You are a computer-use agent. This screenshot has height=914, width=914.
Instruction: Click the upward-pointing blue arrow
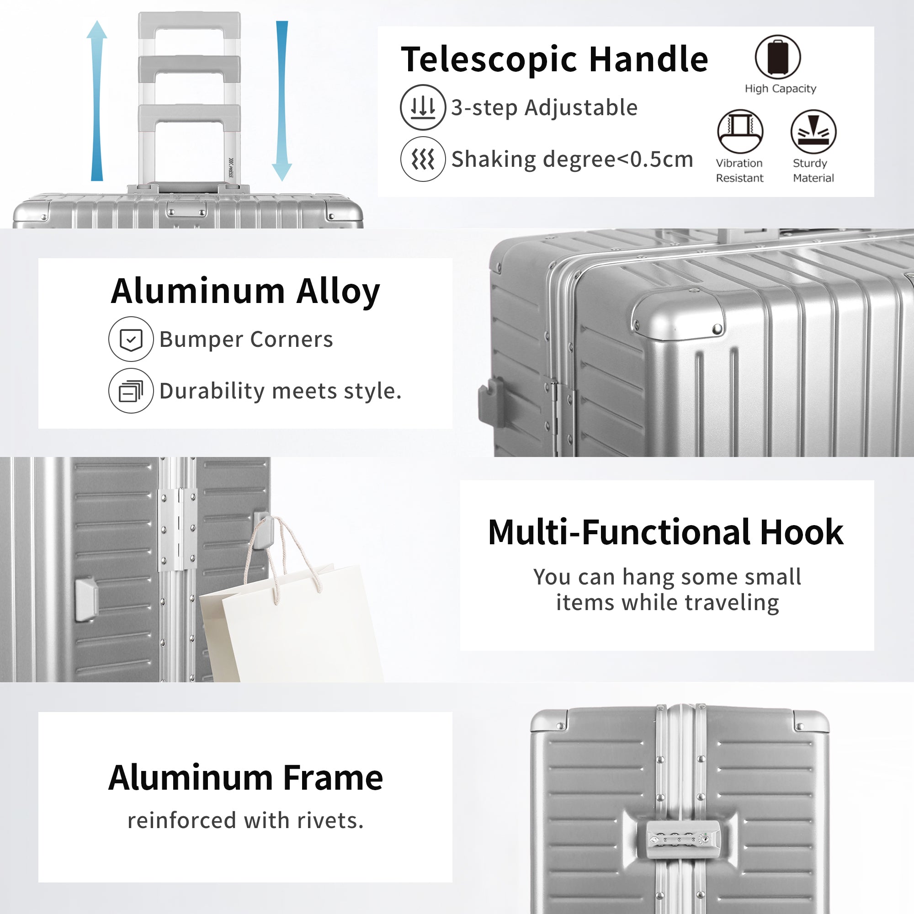[97, 100]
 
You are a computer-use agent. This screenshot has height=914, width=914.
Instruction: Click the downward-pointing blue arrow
[282, 101]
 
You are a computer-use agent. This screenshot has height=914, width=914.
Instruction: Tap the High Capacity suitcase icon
[778, 57]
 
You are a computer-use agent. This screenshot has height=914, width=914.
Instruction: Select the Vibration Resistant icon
[740, 132]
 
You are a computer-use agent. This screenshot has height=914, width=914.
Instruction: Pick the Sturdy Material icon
[814, 132]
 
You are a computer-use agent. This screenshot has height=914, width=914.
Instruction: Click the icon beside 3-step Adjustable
[423, 107]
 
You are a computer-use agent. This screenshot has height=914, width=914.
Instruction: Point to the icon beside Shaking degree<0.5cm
[423, 159]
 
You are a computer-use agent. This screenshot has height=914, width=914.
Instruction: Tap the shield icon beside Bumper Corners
[131, 339]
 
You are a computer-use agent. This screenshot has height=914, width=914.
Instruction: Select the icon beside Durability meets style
[131, 391]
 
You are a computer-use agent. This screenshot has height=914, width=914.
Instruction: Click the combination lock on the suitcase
[683, 840]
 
